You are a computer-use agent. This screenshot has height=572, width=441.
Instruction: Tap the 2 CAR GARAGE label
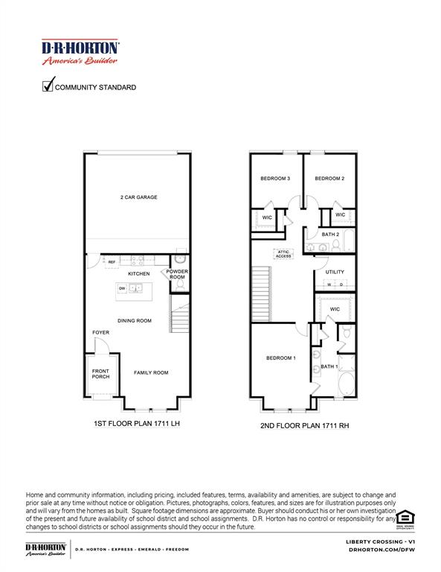pos(139,197)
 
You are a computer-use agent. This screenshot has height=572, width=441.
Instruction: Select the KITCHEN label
pos(138,274)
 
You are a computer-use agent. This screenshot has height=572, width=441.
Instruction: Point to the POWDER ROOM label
pos(176,274)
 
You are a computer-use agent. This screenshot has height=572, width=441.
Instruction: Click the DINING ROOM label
pos(135,320)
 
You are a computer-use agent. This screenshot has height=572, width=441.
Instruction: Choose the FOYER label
pos(100,332)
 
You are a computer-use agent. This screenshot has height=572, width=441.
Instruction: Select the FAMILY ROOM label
pos(151,372)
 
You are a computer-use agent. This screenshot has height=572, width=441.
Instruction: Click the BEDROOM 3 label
pos(274,179)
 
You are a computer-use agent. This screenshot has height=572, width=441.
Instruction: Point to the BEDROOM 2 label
pos(329,179)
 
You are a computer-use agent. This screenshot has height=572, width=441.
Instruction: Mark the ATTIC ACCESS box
pos(284,254)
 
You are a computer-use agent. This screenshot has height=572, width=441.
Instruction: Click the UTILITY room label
pos(335,272)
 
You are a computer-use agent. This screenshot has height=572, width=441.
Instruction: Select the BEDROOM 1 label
pos(281,358)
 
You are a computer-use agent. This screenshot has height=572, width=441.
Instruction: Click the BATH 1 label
pos(329,366)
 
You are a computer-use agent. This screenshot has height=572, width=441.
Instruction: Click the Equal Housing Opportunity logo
pos(405,518)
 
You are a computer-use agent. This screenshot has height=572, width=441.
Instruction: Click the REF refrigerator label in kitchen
pos(112,262)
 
